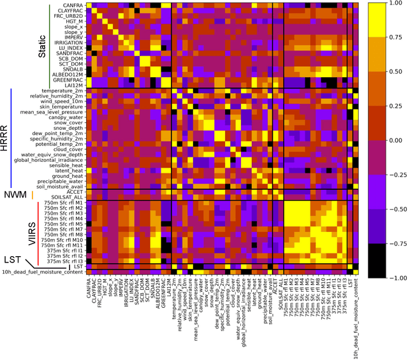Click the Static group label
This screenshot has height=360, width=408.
click(41, 45)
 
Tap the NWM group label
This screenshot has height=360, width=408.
click(15, 195)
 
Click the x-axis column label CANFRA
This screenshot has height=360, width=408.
click(90, 291)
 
